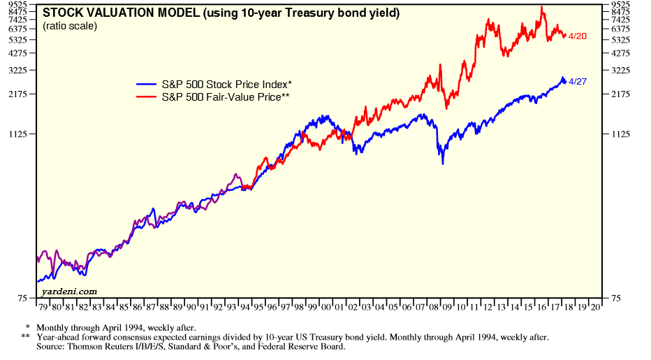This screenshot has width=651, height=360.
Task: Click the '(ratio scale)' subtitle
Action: [70, 26]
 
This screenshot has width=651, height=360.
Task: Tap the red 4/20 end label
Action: [578, 36]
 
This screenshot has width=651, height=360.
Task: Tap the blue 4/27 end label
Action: [578, 82]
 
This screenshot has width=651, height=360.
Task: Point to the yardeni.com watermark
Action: [69, 291]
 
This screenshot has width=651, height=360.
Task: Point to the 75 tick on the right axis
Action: [617, 298]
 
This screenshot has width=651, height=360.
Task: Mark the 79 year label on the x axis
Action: [43, 306]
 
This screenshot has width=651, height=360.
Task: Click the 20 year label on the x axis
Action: [594, 306]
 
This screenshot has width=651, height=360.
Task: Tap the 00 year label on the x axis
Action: [325, 306]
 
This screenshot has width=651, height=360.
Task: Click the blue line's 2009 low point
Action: [442, 163]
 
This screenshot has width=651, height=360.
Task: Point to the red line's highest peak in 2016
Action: [542, 7]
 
